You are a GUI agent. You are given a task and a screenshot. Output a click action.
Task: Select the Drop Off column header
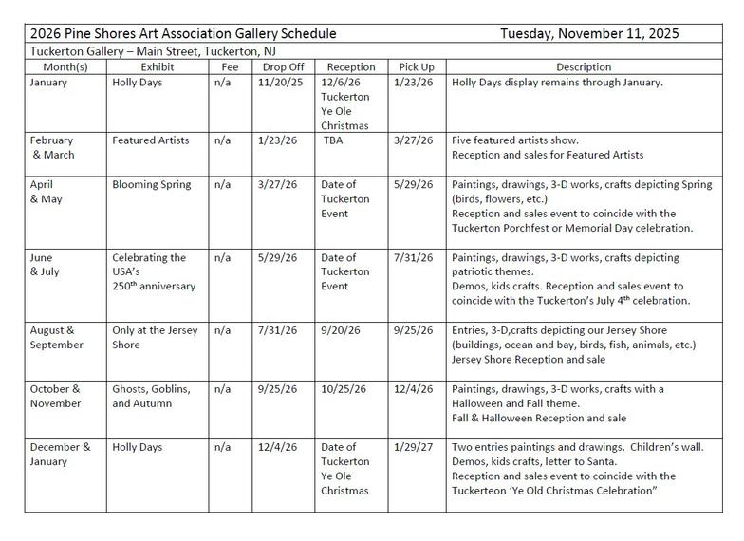click(276, 67)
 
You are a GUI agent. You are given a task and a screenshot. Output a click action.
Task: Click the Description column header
click(584, 67)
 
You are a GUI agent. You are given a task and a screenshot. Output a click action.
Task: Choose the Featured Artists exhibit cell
click(150, 140)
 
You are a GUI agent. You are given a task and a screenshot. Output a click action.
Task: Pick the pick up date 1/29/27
click(412, 447)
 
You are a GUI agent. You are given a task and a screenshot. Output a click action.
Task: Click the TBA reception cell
click(333, 140)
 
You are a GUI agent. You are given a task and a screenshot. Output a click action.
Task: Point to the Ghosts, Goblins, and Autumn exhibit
click(152, 396)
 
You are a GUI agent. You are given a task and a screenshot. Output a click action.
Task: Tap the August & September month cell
click(57, 338)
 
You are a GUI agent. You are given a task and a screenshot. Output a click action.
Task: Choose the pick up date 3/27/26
click(412, 140)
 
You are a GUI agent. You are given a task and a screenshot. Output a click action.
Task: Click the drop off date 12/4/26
click(273, 447)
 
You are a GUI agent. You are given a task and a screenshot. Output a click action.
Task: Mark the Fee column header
click(229, 67)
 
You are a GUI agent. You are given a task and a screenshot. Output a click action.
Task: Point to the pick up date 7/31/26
click(412, 258)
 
